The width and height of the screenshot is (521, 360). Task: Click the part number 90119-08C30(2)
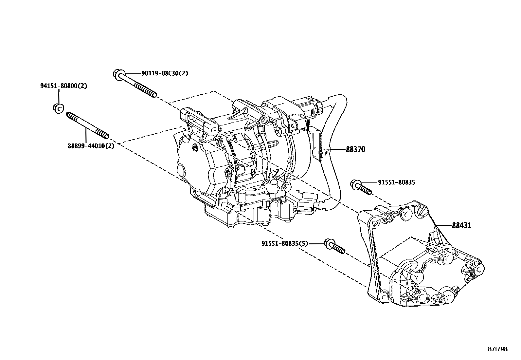pos(165,73)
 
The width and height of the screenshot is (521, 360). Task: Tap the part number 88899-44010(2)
pos(91,146)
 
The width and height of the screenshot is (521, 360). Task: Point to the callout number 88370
pos(355,150)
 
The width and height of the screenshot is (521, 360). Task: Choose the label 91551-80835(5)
pos(285,243)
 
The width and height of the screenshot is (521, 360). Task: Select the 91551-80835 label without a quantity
pos(396,182)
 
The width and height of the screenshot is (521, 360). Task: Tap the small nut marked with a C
pos(58,108)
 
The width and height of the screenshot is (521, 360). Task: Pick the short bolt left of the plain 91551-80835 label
pos(361,187)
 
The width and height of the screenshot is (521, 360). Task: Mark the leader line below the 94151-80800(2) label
pos(59,96)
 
